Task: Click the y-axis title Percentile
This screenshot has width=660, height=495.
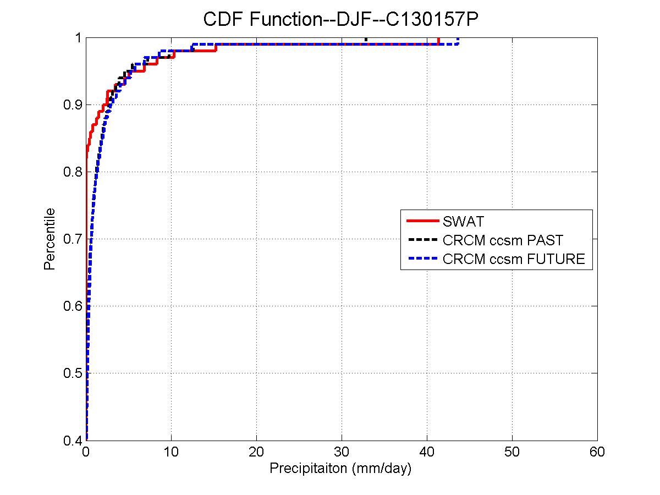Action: [x=50, y=239]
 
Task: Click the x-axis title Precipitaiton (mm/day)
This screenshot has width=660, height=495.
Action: [x=340, y=469]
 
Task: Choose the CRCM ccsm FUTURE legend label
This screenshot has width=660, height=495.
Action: [x=513, y=258]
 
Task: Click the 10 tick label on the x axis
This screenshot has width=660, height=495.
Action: [x=171, y=452]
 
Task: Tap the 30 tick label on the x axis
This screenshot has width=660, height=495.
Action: [x=342, y=452]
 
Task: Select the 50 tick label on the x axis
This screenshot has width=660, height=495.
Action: [x=512, y=452]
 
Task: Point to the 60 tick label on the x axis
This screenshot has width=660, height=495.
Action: [x=597, y=452]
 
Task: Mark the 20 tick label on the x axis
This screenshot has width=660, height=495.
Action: [x=256, y=452]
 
